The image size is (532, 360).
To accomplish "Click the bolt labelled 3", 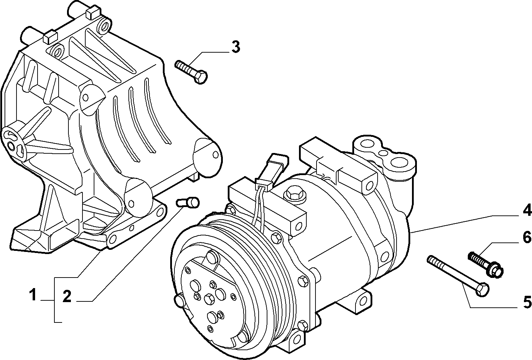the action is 191,72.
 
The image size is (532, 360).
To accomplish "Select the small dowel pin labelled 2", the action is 188,202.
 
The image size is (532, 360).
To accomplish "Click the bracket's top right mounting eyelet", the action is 104,25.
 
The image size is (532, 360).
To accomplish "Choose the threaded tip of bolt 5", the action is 430,260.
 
